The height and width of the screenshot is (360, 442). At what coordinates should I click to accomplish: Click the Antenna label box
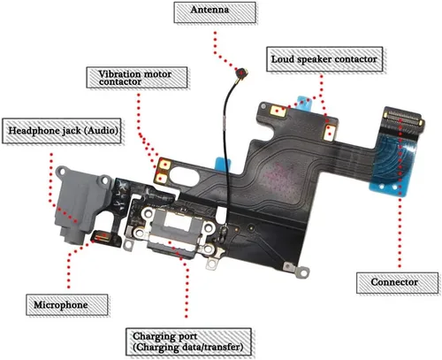(x=215, y=12)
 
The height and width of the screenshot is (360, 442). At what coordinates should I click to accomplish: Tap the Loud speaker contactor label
(x=324, y=59)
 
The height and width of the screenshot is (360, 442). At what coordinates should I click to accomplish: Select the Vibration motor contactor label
(x=137, y=78)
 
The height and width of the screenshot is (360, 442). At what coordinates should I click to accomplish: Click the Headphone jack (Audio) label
(x=62, y=131)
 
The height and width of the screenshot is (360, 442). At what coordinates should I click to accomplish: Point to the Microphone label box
(x=67, y=304)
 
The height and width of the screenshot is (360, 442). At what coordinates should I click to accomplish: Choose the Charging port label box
(x=188, y=342)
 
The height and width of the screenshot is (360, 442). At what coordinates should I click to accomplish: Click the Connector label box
(x=397, y=283)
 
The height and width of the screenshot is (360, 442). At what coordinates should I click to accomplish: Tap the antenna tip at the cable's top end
(x=242, y=73)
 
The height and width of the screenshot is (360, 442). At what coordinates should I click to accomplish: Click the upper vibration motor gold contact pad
(x=164, y=165)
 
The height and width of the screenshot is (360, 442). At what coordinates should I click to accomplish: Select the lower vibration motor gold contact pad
(x=162, y=178)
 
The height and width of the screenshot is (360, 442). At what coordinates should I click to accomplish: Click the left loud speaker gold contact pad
(x=278, y=111)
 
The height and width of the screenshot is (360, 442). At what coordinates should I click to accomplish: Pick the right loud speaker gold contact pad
(x=330, y=133)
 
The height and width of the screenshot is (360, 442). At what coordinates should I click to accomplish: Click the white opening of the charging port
(x=179, y=220)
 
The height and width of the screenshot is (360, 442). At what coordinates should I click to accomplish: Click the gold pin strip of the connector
(x=402, y=118)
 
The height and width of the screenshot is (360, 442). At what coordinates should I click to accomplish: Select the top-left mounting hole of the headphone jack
(x=62, y=171)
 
